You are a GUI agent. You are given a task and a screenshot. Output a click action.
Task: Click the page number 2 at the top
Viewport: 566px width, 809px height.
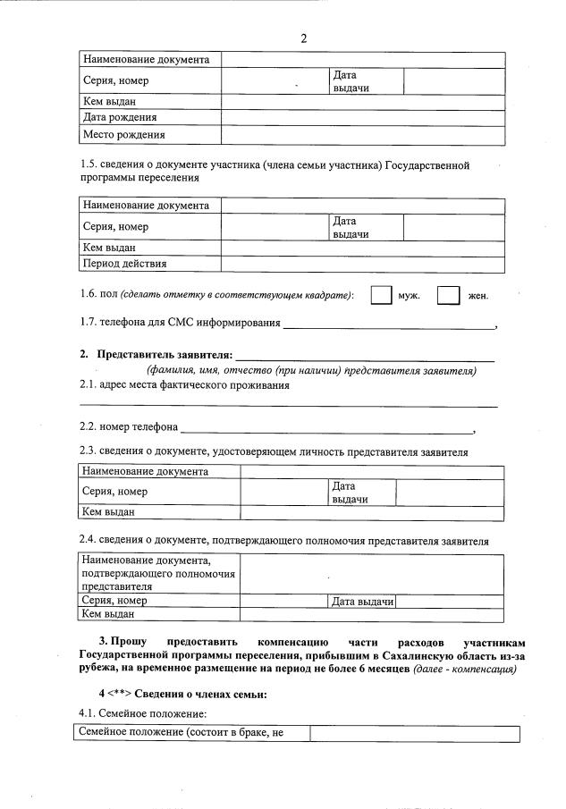pos(303,38)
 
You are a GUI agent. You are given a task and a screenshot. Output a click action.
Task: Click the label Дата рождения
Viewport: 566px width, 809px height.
pos(120,117)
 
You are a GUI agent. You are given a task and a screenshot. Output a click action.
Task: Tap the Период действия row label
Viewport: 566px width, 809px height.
pos(124,264)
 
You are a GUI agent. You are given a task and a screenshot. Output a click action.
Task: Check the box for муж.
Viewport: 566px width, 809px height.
pos(381,295)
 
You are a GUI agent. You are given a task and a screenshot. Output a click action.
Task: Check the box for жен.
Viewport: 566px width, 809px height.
pos(448,295)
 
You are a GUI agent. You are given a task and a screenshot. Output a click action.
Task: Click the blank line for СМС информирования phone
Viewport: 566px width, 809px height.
pos(389,323)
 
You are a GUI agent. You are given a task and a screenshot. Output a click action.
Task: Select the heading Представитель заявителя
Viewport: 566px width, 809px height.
pos(164,355)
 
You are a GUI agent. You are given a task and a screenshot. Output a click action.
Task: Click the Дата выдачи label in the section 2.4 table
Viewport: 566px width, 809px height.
pos(363,602)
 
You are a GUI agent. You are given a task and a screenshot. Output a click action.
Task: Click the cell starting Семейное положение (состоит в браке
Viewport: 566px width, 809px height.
pos(189,733)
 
